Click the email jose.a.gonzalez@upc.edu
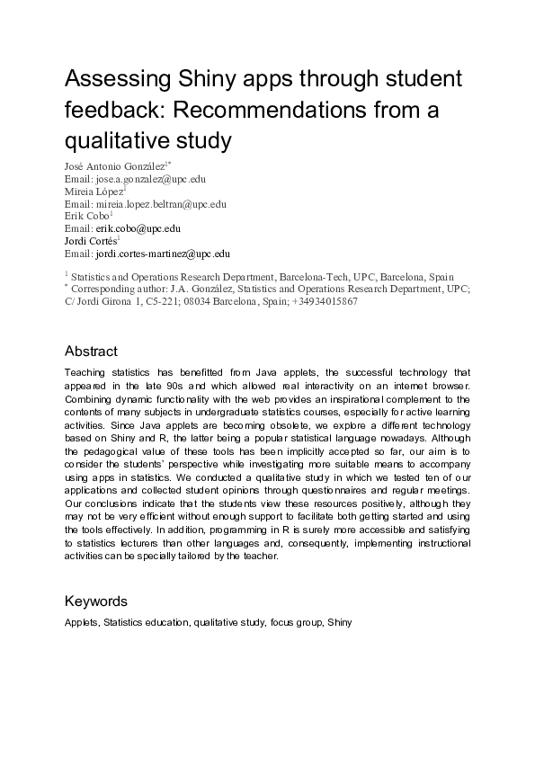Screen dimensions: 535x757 click(143, 179)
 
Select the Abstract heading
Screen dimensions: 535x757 click(91, 351)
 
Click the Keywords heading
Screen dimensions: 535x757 click(96, 601)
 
